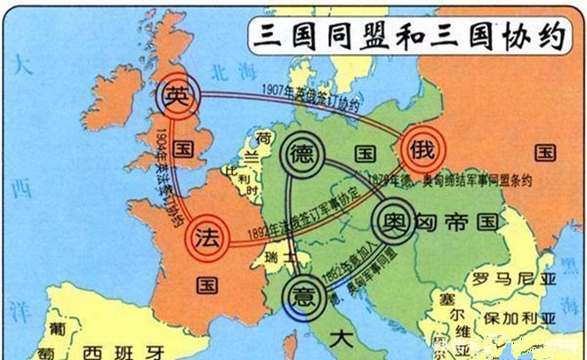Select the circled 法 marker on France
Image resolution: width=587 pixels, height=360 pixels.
tap(206, 238)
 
